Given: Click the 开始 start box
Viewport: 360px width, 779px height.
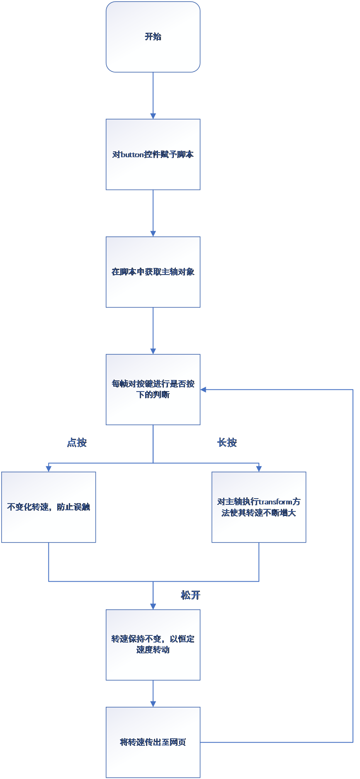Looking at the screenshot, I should coord(153,37).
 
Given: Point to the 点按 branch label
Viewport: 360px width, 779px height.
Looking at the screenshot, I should coord(77,443).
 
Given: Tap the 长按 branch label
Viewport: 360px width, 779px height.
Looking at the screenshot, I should coord(227,443).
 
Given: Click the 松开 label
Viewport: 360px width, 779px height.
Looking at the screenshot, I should coord(191,595).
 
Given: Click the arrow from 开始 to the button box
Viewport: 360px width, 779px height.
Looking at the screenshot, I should coord(153,95).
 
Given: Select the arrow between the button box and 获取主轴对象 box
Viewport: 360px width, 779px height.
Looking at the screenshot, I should coord(153,213).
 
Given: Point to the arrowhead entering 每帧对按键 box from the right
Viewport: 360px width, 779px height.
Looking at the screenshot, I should coord(204,389).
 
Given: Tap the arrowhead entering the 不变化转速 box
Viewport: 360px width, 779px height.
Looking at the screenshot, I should coord(49,469).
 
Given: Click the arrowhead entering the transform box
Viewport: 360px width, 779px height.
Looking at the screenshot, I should coord(259,469).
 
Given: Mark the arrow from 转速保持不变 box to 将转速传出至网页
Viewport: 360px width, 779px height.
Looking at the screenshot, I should coord(153,693).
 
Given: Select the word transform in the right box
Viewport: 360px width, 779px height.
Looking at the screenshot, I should coord(276,502).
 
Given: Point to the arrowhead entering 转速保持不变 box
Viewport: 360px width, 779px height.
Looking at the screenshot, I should coord(153,606).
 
